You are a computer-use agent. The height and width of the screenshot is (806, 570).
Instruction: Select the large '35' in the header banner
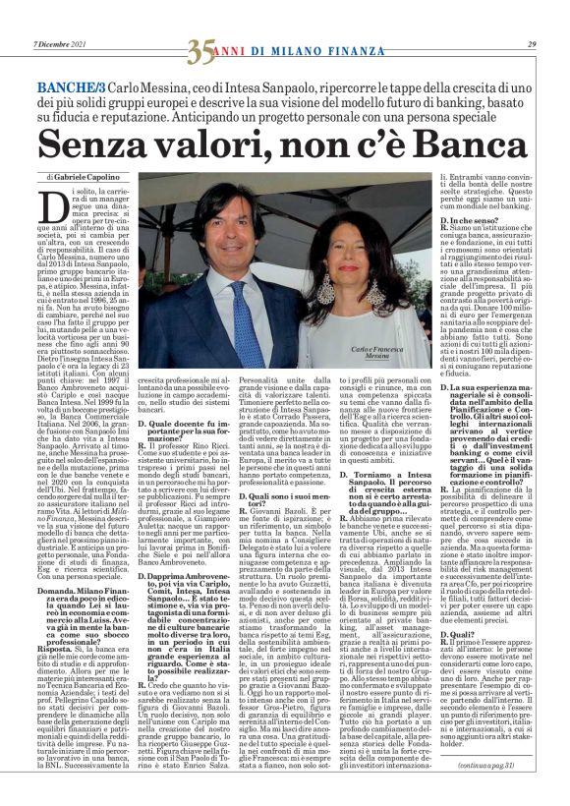point(201,47)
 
